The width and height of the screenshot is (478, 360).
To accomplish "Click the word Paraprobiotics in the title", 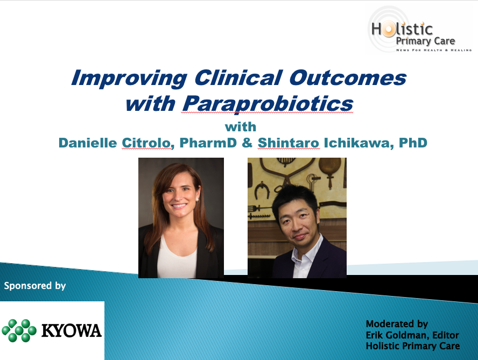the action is point(268,104).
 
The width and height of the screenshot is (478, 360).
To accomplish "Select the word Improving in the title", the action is point(129,79).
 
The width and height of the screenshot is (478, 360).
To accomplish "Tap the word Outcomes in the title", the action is point(348,77).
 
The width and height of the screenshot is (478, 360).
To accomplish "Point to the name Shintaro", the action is point(289,143).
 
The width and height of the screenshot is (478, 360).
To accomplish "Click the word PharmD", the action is point(208,143).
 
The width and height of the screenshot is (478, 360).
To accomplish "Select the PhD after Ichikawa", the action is point(413,143).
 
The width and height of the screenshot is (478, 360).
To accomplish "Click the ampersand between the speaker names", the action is point(247,143).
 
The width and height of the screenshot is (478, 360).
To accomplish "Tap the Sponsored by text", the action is point(35,286).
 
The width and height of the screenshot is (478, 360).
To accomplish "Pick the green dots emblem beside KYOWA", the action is point(19,330).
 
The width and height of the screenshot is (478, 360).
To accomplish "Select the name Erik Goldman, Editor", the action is point(412,335).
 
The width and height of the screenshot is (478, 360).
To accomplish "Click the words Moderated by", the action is point(397,324).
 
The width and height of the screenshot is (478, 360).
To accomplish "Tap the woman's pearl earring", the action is point(197,200).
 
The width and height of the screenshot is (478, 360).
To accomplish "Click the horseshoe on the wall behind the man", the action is point(262,189).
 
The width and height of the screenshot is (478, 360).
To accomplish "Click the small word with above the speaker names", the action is point(241,127).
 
